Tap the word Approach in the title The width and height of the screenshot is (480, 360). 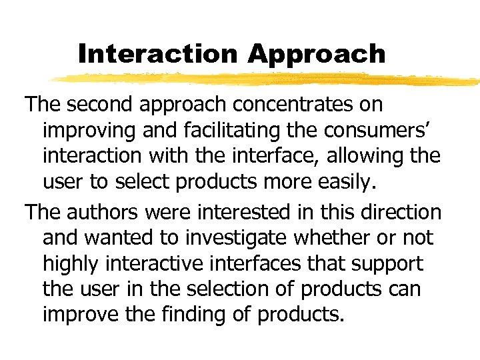coord(317,53)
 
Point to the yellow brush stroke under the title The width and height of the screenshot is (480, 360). coord(267,79)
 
